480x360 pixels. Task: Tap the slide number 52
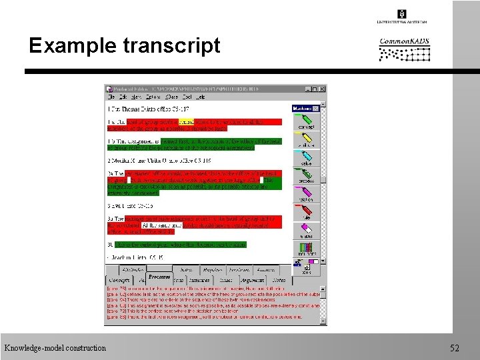pyautogui.click(x=455, y=348)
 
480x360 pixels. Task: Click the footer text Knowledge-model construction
pyautogui.click(x=55, y=348)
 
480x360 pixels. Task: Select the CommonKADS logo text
pyautogui.click(x=404, y=41)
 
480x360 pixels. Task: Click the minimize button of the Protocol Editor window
pyautogui.click(x=309, y=89)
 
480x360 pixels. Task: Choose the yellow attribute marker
pyautogui.click(x=305, y=139)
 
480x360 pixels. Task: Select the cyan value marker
pyautogui.click(x=305, y=158)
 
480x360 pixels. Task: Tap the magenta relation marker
pyautogui.click(x=305, y=195)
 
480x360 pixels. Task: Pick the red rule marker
pyautogui.click(x=305, y=213)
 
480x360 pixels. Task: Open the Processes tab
pyautogui.click(x=159, y=277)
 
